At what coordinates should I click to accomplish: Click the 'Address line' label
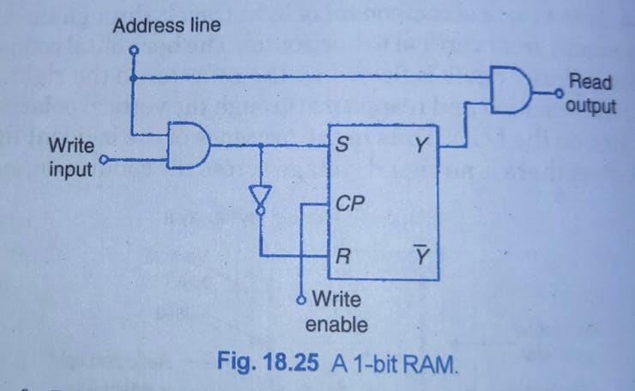166,26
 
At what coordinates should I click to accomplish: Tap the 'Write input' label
71,156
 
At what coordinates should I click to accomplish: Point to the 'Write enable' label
336,312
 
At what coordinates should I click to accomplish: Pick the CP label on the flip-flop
348,205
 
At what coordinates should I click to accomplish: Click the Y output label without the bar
420,147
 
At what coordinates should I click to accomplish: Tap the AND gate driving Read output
511,89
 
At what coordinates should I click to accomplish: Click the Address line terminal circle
133,50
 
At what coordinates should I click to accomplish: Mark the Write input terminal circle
105,158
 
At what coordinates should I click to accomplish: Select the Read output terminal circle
558,89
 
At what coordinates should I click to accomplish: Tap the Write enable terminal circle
301,300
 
